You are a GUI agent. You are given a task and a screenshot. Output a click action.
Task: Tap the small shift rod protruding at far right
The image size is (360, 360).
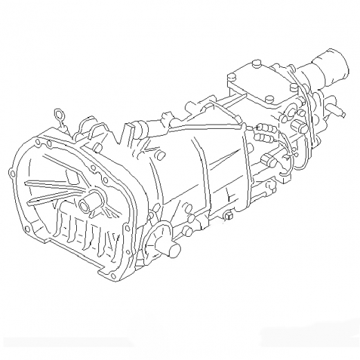(x=337, y=109)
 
